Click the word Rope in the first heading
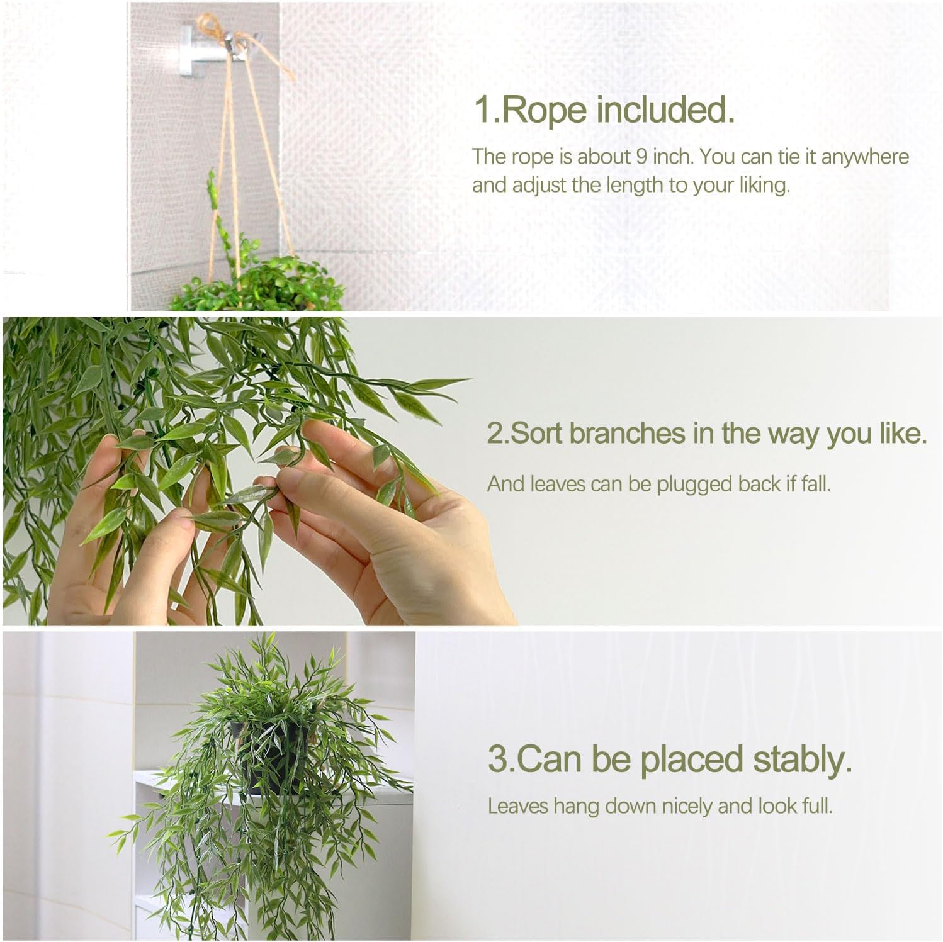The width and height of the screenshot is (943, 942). coord(545,110)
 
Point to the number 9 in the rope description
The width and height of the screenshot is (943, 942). coord(641,156)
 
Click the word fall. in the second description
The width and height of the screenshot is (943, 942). coord(816,484)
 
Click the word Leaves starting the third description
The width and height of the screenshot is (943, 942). coord(518,806)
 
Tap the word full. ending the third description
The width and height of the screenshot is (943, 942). coord(816,806)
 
